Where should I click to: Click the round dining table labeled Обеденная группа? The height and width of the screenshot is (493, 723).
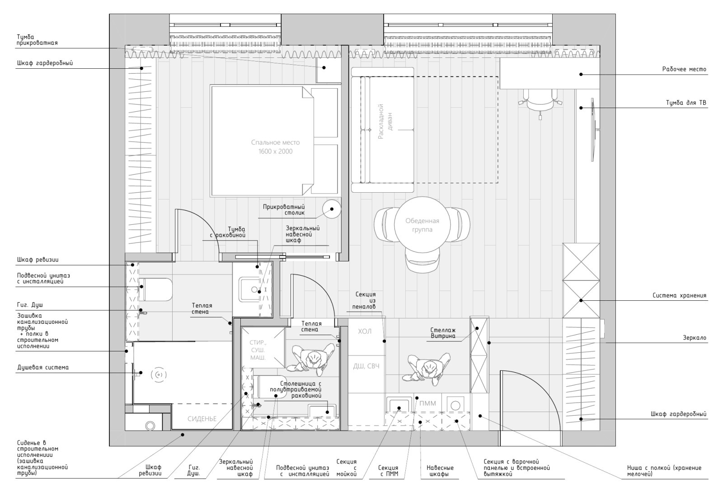tap(422, 225)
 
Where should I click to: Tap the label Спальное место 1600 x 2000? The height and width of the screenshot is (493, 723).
tap(275, 147)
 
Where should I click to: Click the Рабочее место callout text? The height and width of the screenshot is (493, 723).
tap(684, 69)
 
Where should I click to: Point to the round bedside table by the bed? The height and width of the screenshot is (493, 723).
tap(332, 209)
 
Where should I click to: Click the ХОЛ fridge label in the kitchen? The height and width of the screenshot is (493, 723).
tap(365, 331)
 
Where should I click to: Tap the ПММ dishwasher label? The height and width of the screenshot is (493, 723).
tap(427, 403)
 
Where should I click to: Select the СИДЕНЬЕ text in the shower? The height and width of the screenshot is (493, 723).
tap(202, 419)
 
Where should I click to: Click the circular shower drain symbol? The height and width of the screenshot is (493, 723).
tap(159, 375)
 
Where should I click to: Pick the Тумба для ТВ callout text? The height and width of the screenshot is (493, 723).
tap(686, 103)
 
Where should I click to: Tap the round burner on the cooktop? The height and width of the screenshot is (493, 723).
tap(455, 405)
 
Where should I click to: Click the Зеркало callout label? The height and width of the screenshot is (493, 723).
tap(695, 338)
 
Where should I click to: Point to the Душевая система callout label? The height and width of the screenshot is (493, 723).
tap(43, 367)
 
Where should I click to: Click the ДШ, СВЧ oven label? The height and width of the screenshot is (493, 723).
tap(366, 366)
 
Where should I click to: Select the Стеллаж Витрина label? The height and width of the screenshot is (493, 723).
tap(443, 333)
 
